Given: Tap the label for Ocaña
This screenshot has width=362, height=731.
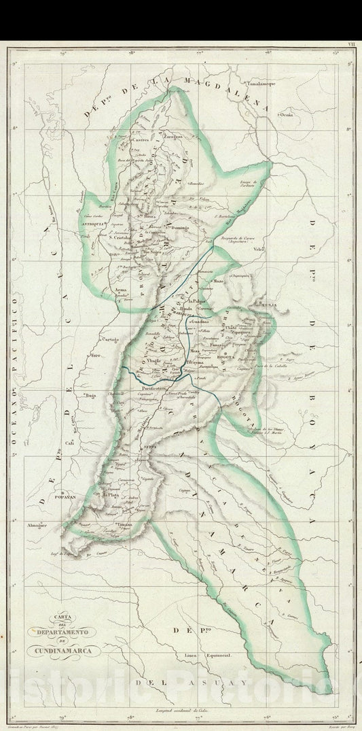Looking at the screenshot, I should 287,115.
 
